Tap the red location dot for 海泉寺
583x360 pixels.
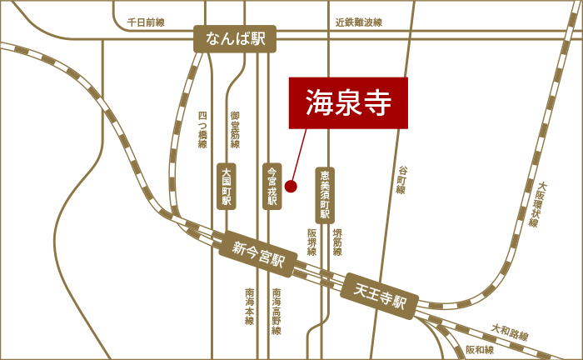point(291,186)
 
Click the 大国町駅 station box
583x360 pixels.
point(226,185)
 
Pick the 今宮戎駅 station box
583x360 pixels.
point(272,185)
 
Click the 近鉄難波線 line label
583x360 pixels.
point(358,23)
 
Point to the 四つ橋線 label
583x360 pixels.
point(202,130)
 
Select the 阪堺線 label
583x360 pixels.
point(311,242)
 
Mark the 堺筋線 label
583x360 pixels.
point(337,242)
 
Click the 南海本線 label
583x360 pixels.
point(249,306)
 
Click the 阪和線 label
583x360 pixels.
point(481,350)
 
